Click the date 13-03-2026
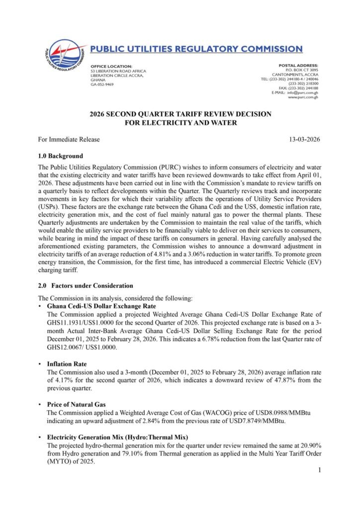305,140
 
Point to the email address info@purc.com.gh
301,92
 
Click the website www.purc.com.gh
303,97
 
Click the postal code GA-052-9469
102,85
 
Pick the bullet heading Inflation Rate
67,364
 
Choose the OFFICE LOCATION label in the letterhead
111,66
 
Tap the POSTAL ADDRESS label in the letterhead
298,66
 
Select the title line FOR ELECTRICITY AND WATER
180,123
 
